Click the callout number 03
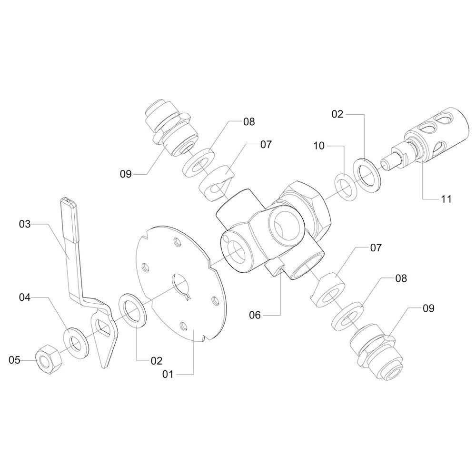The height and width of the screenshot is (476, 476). click(x=25, y=224)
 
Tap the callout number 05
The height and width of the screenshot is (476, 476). click(x=14, y=360)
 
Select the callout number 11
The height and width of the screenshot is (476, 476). click(x=446, y=199)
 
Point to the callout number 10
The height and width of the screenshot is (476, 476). click(x=319, y=146)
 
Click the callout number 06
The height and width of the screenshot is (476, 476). click(x=255, y=316)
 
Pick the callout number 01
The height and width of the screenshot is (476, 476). click(x=168, y=375)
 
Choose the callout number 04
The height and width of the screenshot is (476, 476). click(x=25, y=297)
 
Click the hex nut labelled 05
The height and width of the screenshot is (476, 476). click(x=49, y=357)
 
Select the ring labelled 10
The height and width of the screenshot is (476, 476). click(x=346, y=187)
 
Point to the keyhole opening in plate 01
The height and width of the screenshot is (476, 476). click(x=181, y=285)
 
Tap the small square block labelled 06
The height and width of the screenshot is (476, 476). click(x=275, y=266)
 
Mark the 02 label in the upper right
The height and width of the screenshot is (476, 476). click(x=337, y=114)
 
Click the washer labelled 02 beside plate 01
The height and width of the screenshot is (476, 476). click(x=134, y=310)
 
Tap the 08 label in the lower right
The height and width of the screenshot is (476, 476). click(x=401, y=278)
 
